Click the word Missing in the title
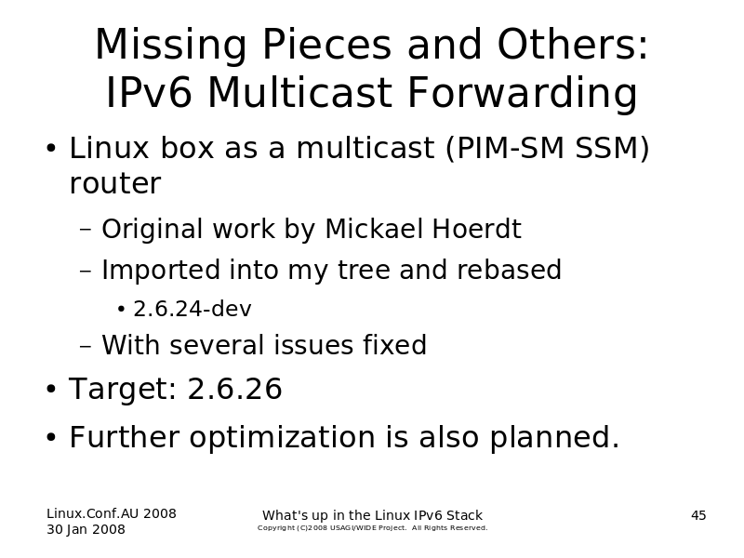171,46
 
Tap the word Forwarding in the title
523,93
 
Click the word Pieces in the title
327,46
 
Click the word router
115,183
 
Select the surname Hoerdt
476,229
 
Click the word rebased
509,270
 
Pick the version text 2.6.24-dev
193,309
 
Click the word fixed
394,344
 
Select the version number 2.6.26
235,389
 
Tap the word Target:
123,389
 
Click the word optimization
283,437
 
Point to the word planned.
554,437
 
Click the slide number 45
698,515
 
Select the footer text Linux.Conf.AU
92,513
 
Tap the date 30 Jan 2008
86,529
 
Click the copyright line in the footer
373,527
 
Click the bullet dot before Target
51,389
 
